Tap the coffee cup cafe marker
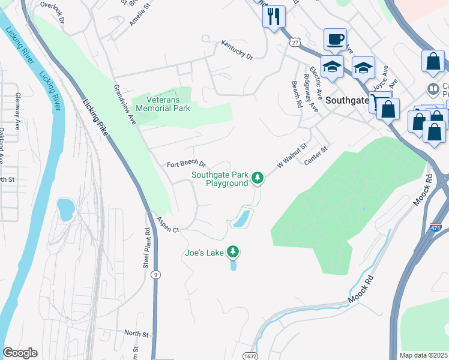tap(335, 40)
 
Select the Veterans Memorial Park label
tap(163, 104)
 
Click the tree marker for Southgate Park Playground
tap(258, 178)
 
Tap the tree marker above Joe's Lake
tap(233, 253)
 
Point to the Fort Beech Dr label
tap(186, 164)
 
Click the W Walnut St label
tap(292, 155)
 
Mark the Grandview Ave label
tap(125, 104)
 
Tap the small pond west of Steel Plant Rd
tap(65, 209)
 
